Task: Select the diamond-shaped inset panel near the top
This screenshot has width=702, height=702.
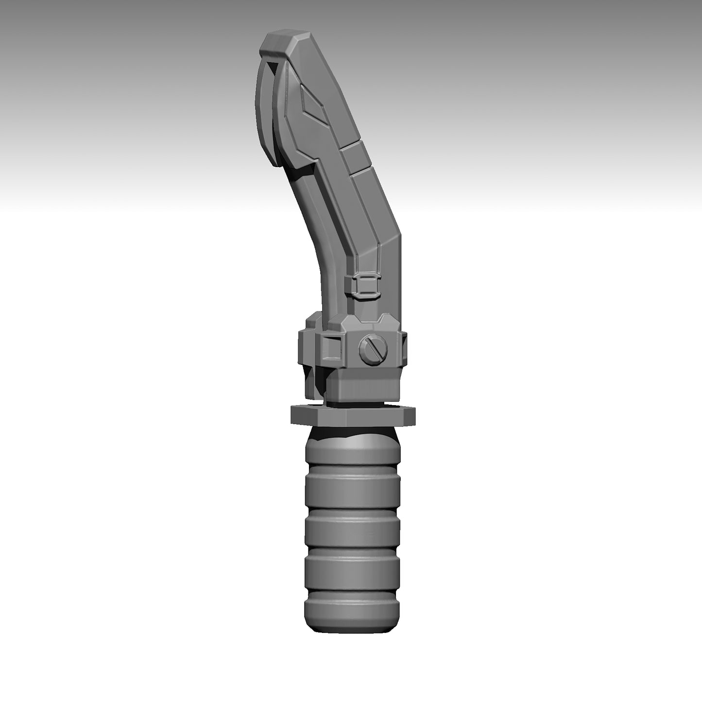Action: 311,104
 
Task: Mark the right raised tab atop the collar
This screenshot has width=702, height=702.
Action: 387,320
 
